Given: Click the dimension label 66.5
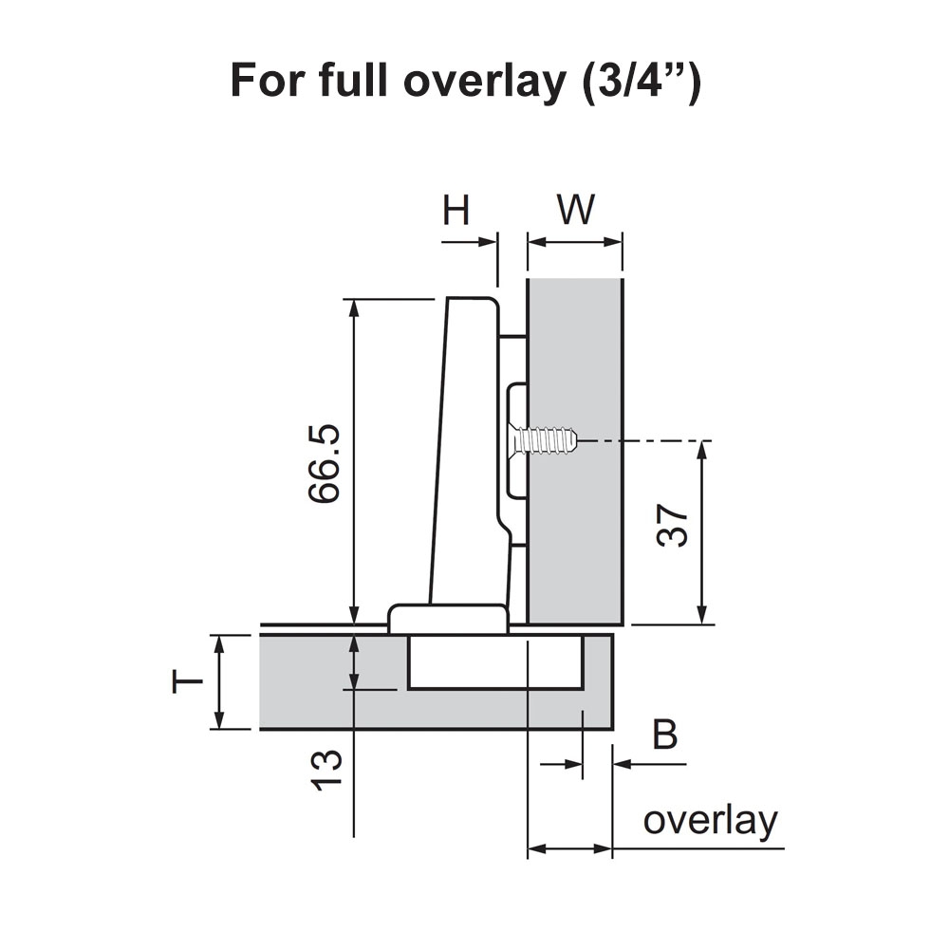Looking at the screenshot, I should (324, 464).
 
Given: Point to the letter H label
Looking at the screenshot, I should (456, 210).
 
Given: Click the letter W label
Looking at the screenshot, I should (575, 210).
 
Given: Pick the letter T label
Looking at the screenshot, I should (188, 680).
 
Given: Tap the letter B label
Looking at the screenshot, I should (666, 735).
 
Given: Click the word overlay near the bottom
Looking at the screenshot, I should (710, 821).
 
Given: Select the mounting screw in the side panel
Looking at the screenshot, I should (543, 440).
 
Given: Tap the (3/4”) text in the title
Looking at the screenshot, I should (639, 83).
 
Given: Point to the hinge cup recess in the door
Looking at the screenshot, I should (494, 662).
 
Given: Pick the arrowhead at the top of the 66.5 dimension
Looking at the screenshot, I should (354, 307).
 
